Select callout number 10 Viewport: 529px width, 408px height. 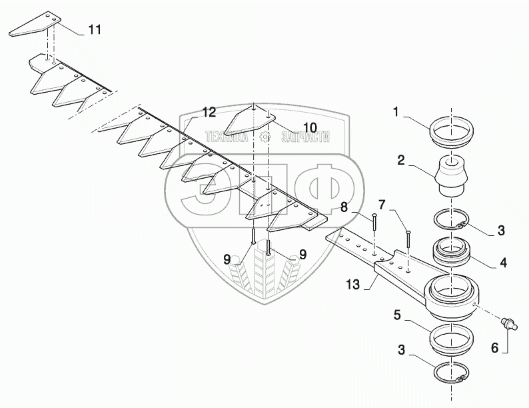click(292, 127)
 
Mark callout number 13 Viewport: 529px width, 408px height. click(352, 285)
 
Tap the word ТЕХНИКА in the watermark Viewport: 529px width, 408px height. click(226, 137)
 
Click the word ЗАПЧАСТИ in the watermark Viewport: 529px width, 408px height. click(307, 137)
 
